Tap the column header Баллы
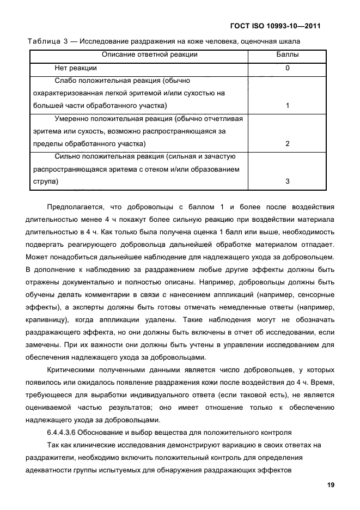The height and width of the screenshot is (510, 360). coord(287,54)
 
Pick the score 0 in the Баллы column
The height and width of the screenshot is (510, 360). coord(287,68)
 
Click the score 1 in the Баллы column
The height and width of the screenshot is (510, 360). coord(287,106)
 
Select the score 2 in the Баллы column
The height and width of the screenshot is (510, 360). coord(287,144)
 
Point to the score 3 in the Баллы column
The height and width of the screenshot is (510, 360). coord(287,181)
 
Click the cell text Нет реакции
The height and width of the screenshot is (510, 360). coord(76,68)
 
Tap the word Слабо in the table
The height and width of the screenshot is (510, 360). coord(65,81)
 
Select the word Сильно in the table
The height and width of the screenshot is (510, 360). coord(66,156)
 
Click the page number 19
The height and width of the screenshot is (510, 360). coord(330,485)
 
